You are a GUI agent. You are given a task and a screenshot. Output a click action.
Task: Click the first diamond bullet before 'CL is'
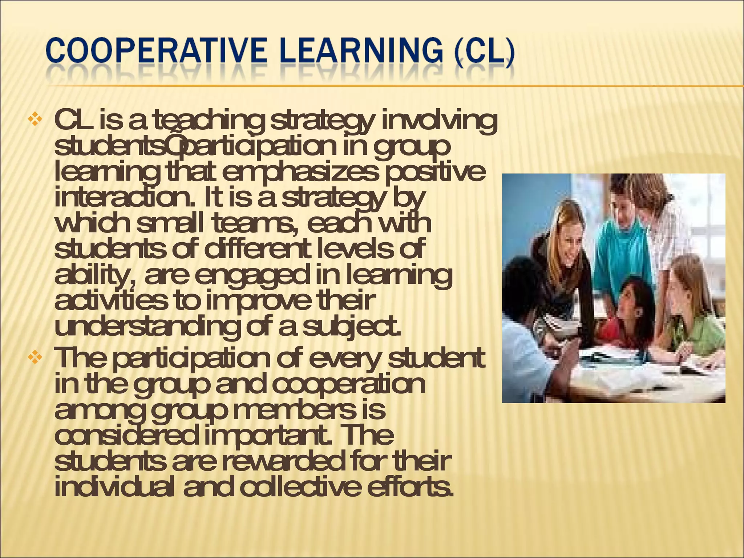[35, 120]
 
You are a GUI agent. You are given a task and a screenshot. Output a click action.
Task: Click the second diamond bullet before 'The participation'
[35, 357]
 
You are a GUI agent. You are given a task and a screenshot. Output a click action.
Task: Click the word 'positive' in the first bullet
[435, 173]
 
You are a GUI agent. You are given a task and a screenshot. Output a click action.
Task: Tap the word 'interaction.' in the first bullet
[125, 198]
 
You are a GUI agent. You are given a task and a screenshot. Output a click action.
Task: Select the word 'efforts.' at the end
[411, 487]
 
